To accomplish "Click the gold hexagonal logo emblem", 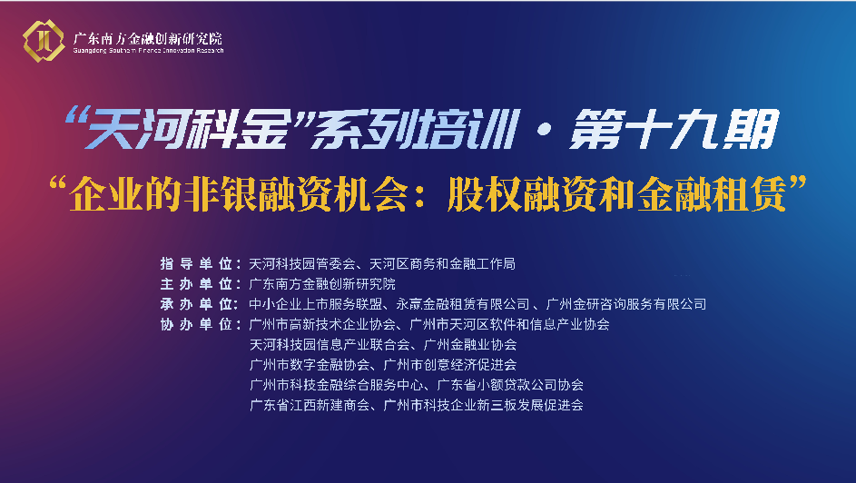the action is pos(44,40).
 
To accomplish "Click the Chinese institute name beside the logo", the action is pos(148,38).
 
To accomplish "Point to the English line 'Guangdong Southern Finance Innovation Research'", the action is pos(149,51).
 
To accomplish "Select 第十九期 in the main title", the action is pos(674,129).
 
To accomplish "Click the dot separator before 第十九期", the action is pos(543,130).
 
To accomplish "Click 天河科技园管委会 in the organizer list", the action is pos(302,264).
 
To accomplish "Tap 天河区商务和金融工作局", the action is pos(442,264).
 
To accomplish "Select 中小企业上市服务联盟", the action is pos(316,304).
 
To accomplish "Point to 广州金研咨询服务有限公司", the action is pos(625,304).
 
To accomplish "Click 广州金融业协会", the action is pos(470,345).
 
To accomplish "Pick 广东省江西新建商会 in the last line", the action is pos(310,406).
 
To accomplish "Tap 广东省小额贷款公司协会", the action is pos(510,385).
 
